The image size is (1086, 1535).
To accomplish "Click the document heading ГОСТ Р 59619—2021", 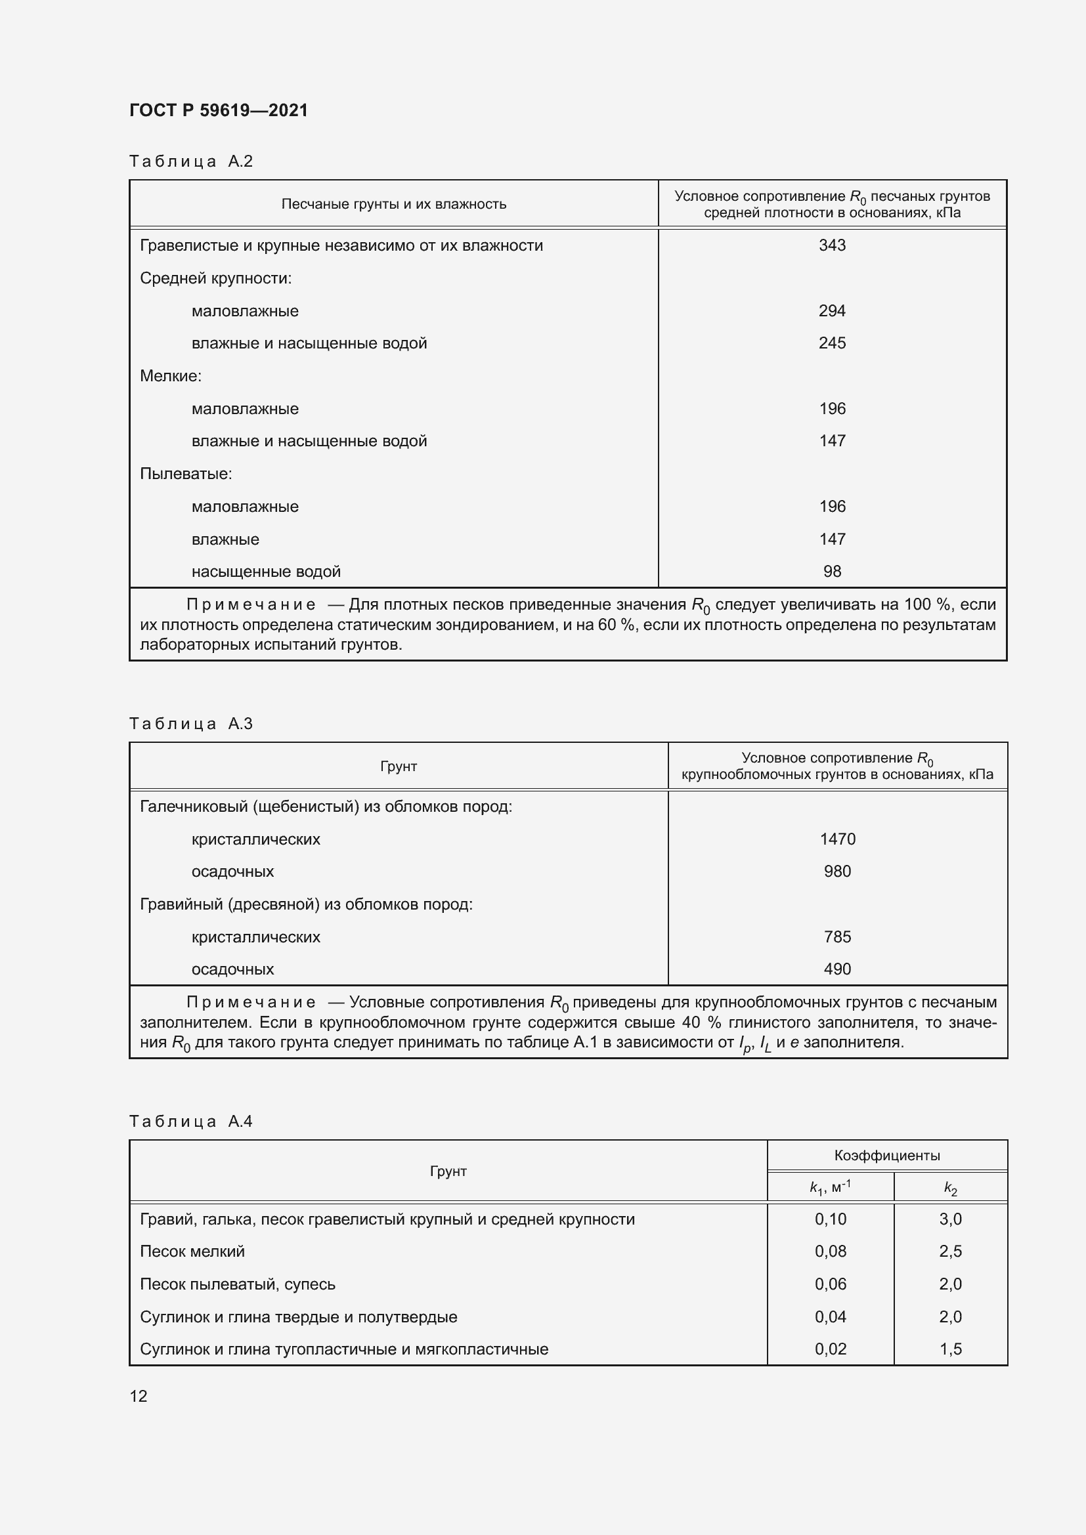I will click(x=219, y=110).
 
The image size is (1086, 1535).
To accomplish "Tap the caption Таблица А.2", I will click(x=190, y=161).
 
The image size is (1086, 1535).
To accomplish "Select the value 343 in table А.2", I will click(x=832, y=245).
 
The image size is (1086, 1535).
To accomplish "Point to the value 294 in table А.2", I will click(x=832, y=311).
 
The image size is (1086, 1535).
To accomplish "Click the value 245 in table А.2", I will click(x=832, y=343).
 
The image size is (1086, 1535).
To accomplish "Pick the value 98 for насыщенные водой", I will click(x=832, y=572).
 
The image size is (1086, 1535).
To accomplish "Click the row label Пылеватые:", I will click(x=186, y=474).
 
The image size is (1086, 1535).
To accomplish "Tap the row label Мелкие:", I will click(x=171, y=376).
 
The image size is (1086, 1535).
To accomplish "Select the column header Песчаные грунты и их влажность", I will click(x=393, y=204).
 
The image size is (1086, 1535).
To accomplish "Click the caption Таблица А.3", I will click(x=190, y=723).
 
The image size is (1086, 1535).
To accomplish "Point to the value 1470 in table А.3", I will click(x=837, y=839).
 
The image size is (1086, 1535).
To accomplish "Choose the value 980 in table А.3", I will click(x=837, y=871).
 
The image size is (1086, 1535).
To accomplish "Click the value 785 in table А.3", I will click(x=837, y=936).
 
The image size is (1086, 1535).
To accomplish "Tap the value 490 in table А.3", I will click(x=837, y=969).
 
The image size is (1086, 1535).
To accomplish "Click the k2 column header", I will click(x=950, y=1187).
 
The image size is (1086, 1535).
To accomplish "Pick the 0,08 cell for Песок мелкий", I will click(x=830, y=1251).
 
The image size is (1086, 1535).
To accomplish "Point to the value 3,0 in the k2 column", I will click(x=950, y=1219).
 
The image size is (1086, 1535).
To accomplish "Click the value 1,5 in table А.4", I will click(x=950, y=1349).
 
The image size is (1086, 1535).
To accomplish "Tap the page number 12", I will click(x=139, y=1396).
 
